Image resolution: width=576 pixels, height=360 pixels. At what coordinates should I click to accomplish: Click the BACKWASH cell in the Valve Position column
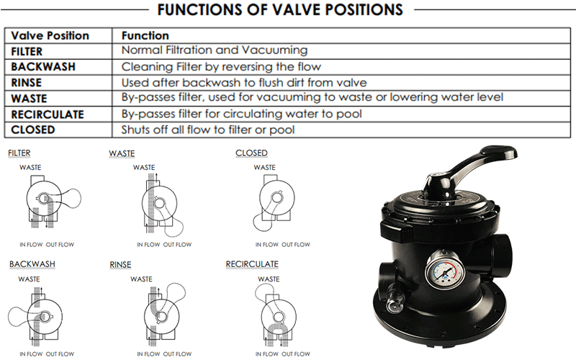pos(43,67)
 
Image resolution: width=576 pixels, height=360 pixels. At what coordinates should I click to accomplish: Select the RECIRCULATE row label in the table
pos(48,114)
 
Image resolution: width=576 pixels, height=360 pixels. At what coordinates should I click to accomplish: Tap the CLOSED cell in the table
pos(32,130)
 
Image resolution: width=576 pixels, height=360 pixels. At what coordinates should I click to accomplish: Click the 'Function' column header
pos(145,35)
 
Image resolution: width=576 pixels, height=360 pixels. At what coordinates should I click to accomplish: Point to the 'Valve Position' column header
pos(50,35)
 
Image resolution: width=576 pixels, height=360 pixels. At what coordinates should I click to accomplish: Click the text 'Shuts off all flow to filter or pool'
pos(208,130)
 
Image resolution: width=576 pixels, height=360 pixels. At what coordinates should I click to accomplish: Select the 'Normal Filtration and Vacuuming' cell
pos(215,50)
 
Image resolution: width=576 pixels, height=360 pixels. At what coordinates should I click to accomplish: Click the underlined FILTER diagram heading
pos(19,153)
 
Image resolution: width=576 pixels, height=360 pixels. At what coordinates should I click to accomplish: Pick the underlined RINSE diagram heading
pos(120,265)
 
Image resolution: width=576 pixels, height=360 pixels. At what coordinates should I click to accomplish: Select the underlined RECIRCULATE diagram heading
pos(252,264)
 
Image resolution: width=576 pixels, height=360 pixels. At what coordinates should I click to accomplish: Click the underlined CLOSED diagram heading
pos(251,153)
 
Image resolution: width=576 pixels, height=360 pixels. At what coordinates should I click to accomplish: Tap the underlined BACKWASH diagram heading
pos(32,264)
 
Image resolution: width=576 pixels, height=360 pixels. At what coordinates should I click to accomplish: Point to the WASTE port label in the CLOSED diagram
pos(264,168)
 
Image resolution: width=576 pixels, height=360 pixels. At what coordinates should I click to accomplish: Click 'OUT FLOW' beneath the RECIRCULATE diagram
pos(296,354)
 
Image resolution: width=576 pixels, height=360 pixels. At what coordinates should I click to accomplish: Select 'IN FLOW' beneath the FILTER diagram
pos(30,245)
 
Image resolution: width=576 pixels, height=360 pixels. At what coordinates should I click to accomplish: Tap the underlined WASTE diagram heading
pos(122,153)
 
